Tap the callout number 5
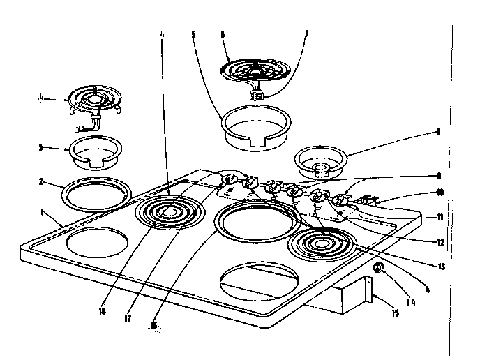click(193, 34)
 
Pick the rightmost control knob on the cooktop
click(340, 200)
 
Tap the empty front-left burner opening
click(98, 244)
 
